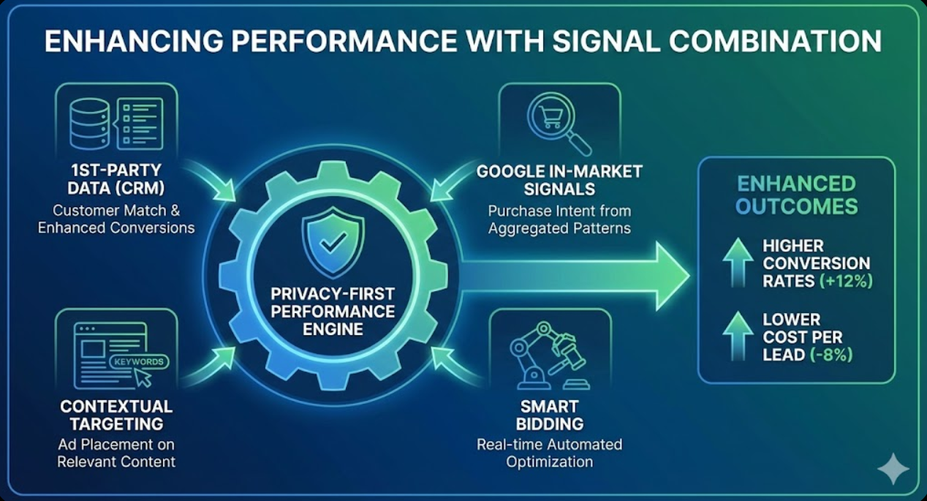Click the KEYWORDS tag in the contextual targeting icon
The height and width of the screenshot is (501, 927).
(x=138, y=361)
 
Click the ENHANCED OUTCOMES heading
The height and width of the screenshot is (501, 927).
(x=796, y=195)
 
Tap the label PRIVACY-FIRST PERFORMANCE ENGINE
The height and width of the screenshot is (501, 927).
(x=333, y=311)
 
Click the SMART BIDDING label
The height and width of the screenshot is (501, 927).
(x=549, y=415)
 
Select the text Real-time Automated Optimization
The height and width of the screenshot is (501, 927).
(x=549, y=453)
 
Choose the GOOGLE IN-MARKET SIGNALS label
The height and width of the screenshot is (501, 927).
(x=559, y=180)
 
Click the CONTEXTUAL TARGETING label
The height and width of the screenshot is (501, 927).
(x=116, y=415)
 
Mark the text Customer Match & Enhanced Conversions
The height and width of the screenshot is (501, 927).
(x=116, y=219)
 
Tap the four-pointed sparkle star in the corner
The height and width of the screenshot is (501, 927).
(x=893, y=468)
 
